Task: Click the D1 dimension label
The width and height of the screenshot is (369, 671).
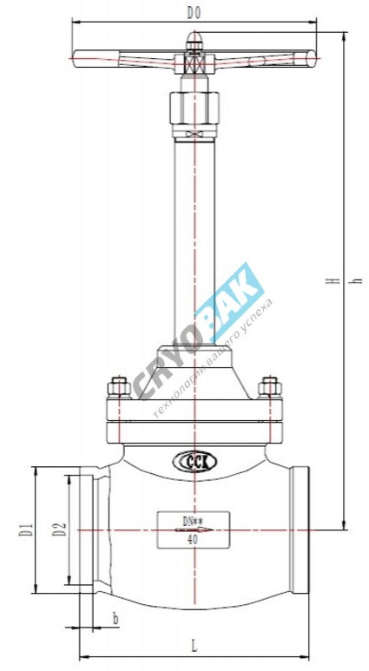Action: tap(26, 529)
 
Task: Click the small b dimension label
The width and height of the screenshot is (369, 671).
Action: tap(115, 617)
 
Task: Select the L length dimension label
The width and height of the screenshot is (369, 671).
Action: tap(193, 645)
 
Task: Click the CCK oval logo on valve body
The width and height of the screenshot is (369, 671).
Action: tap(193, 462)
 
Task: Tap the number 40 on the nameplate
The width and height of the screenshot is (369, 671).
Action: tap(192, 538)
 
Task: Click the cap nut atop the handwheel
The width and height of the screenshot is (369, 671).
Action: tap(193, 39)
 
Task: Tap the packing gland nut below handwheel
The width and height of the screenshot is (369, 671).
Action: tap(193, 109)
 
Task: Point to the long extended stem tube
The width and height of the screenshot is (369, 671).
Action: tap(193, 243)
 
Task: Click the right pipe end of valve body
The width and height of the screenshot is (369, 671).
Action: tap(300, 529)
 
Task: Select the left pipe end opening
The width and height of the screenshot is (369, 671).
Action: tap(87, 529)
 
